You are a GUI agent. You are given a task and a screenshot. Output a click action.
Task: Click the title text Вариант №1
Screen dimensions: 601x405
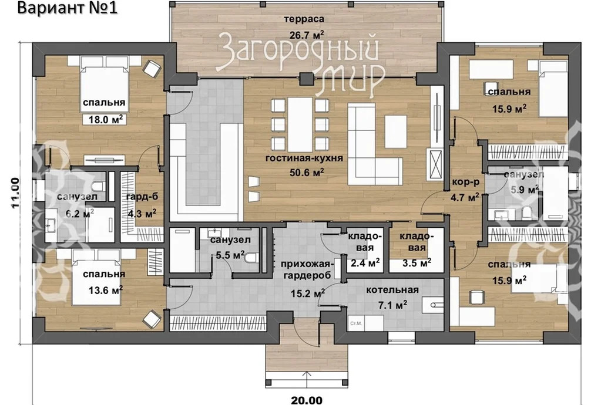click(x=68, y=8)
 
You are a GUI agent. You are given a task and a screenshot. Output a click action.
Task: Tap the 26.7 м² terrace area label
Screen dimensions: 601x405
click(x=307, y=35)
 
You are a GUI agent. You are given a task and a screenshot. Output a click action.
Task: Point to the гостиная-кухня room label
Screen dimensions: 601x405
click(x=304, y=158)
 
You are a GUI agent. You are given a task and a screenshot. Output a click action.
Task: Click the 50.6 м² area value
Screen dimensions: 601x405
click(x=307, y=172)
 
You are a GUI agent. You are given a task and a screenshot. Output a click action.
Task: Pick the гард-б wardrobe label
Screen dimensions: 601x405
click(x=142, y=197)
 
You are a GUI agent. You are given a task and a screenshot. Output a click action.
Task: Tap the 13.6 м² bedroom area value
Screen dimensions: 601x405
click(x=105, y=290)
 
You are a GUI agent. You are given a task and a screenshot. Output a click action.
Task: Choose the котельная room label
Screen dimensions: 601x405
click(x=392, y=290)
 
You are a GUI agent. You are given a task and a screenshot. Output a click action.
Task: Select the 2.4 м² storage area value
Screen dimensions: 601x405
click(x=365, y=263)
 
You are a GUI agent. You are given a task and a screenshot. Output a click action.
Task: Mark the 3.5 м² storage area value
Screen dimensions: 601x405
click(x=417, y=263)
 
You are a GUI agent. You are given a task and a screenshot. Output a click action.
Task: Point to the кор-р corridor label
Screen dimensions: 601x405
click(x=466, y=183)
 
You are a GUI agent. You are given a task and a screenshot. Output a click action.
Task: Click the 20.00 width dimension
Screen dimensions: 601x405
click(x=307, y=400)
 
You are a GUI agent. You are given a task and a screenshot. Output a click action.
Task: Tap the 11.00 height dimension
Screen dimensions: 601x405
click(x=15, y=193)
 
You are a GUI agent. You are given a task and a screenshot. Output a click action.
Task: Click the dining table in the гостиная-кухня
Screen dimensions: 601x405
click(x=300, y=124)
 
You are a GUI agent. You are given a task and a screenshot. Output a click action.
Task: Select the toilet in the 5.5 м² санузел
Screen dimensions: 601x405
click(x=250, y=259)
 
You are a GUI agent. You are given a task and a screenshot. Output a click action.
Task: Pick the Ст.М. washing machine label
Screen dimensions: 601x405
click(x=356, y=323)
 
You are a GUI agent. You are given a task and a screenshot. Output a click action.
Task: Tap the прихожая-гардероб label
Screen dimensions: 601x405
click(x=306, y=270)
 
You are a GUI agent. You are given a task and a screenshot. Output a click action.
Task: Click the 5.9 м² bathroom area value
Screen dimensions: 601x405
click(x=525, y=189)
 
